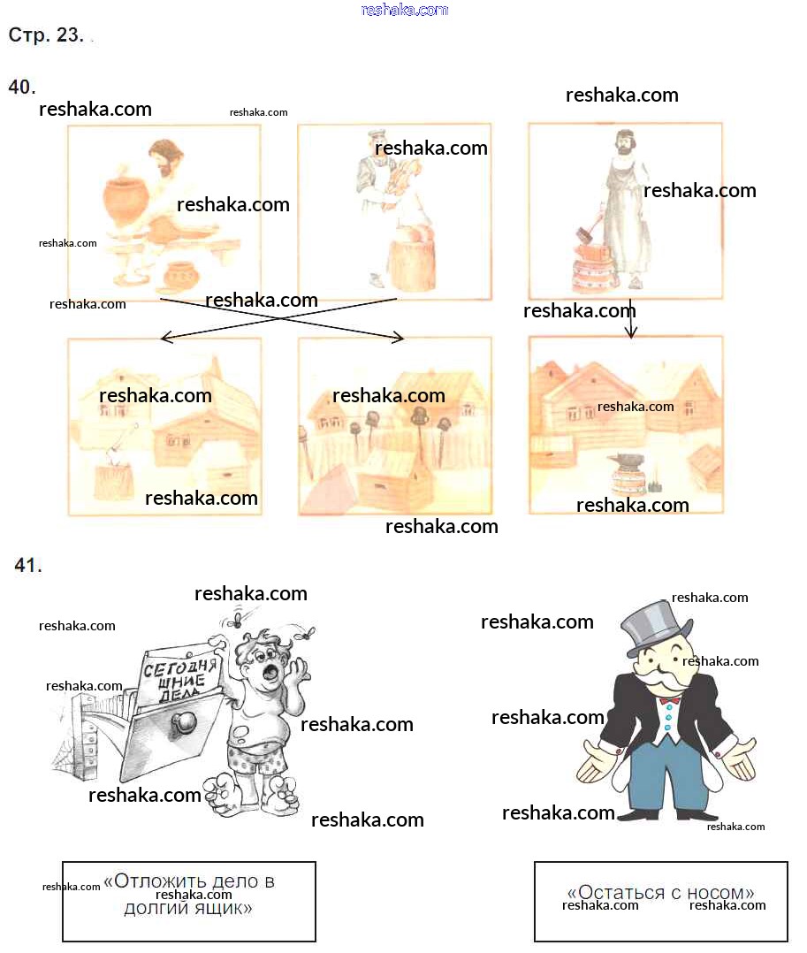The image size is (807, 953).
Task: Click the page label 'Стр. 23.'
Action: click(46, 34)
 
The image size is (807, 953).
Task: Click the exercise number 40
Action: click(22, 87)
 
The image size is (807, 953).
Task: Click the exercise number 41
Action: click(28, 565)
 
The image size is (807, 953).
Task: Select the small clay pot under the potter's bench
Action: click(181, 275)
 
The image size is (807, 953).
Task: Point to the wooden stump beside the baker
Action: click(411, 264)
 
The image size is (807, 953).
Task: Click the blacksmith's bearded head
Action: click(624, 142)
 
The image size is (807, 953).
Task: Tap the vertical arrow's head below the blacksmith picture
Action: click(631, 331)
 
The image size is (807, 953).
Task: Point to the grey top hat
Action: click(656, 627)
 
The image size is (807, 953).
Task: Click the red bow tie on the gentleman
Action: click(669, 701)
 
